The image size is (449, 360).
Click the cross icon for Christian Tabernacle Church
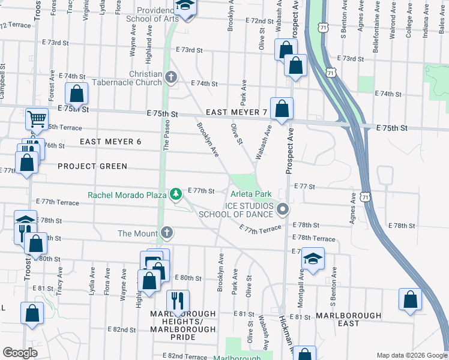click(171, 77)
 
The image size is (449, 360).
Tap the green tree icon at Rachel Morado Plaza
click(175, 194)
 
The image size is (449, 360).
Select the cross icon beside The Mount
click(166, 233)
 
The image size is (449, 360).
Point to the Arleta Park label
click(250, 194)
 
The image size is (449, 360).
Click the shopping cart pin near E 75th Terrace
click(37, 119)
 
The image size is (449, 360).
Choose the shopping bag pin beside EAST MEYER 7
click(282, 109)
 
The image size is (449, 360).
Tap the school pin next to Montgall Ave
click(313, 259)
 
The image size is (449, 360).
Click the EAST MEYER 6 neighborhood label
click(110, 141)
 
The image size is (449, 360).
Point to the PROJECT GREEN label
click(92, 166)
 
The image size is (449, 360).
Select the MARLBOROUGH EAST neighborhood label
click(348, 319)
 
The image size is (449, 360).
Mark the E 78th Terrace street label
click(313, 238)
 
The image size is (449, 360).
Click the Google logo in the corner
click(20, 352)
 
